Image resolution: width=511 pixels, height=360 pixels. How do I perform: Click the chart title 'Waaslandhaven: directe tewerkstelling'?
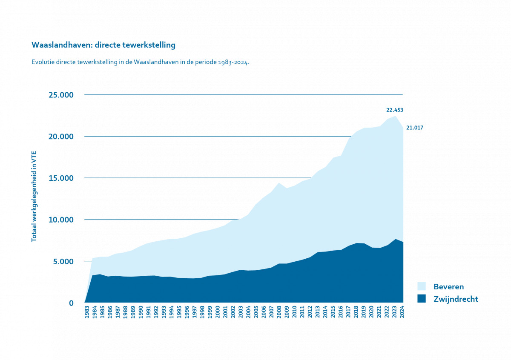(103, 45)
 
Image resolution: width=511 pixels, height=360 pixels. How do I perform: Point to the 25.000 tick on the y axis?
(61, 94)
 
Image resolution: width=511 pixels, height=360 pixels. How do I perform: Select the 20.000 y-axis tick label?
(61, 136)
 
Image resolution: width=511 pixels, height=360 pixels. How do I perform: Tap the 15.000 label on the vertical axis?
(61, 178)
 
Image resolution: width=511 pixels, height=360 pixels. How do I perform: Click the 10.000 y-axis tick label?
(61, 220)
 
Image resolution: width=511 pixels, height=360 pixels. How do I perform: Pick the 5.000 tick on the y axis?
(63, 261)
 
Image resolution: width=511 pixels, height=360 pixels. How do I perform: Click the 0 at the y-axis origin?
(71, 303)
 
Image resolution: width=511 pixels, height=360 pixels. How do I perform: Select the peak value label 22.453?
(394, 110)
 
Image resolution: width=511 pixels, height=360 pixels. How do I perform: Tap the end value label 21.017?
(415, 128)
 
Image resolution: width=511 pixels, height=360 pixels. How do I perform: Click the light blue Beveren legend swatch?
(421, 286)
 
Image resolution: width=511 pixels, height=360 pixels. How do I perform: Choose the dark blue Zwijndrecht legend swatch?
(421, 299)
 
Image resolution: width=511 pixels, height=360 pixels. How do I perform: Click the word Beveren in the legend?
(448, 286)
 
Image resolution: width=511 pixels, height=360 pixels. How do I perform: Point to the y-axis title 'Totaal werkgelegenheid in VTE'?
(34, 196)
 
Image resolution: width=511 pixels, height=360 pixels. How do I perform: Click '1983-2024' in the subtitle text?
(233, 62)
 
